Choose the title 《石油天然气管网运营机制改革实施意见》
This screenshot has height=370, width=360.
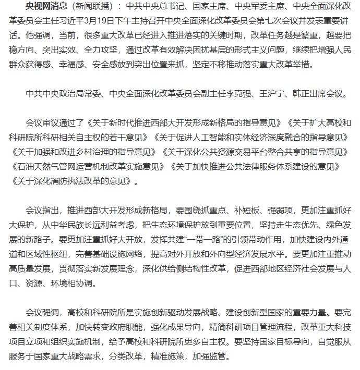[87, 167]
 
